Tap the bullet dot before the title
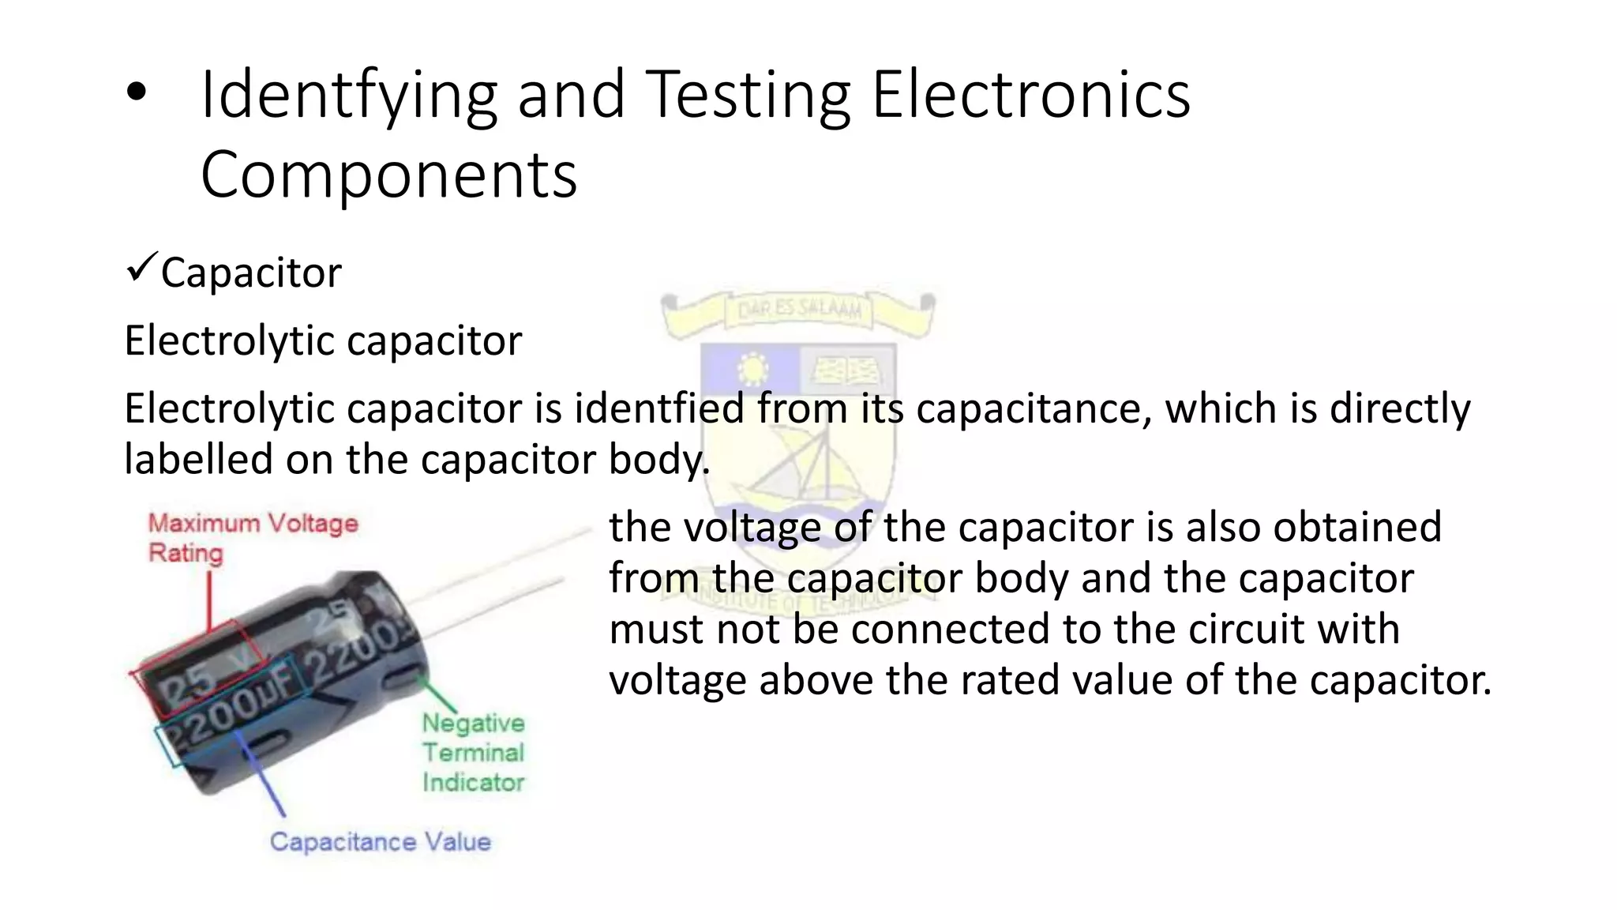pos(137,92)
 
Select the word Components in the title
pos(388,175)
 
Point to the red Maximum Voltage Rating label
pos(253,537)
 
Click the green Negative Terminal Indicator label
pos(473,752)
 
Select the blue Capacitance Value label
pos(380,841)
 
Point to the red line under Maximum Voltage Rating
pos(210,600)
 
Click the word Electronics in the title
pos(1030,96)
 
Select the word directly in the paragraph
pos(1400,409)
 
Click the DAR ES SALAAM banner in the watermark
pos(798,310)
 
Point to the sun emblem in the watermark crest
pos(752,368)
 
